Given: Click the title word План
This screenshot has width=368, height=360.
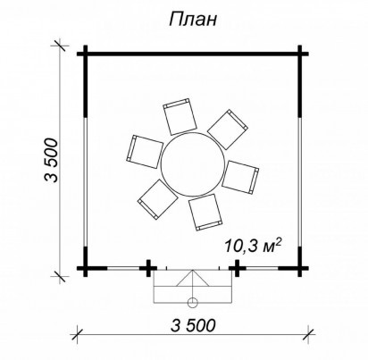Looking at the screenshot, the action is point(193,21).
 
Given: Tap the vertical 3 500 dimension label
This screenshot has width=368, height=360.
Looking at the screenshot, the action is point(51,160).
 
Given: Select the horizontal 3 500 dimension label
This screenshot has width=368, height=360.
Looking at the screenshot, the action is point(193,325).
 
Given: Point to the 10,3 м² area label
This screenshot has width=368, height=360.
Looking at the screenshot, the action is point(253,246).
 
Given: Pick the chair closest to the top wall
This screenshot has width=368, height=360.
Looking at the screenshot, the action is point(180,116).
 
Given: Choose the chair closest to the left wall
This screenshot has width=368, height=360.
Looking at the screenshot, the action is point(145,152).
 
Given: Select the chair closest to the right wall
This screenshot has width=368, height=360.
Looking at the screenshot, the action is point(240,177).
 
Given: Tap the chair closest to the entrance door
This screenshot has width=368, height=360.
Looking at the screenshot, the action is point(205,213).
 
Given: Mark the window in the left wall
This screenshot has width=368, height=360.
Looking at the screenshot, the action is point(86,181).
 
